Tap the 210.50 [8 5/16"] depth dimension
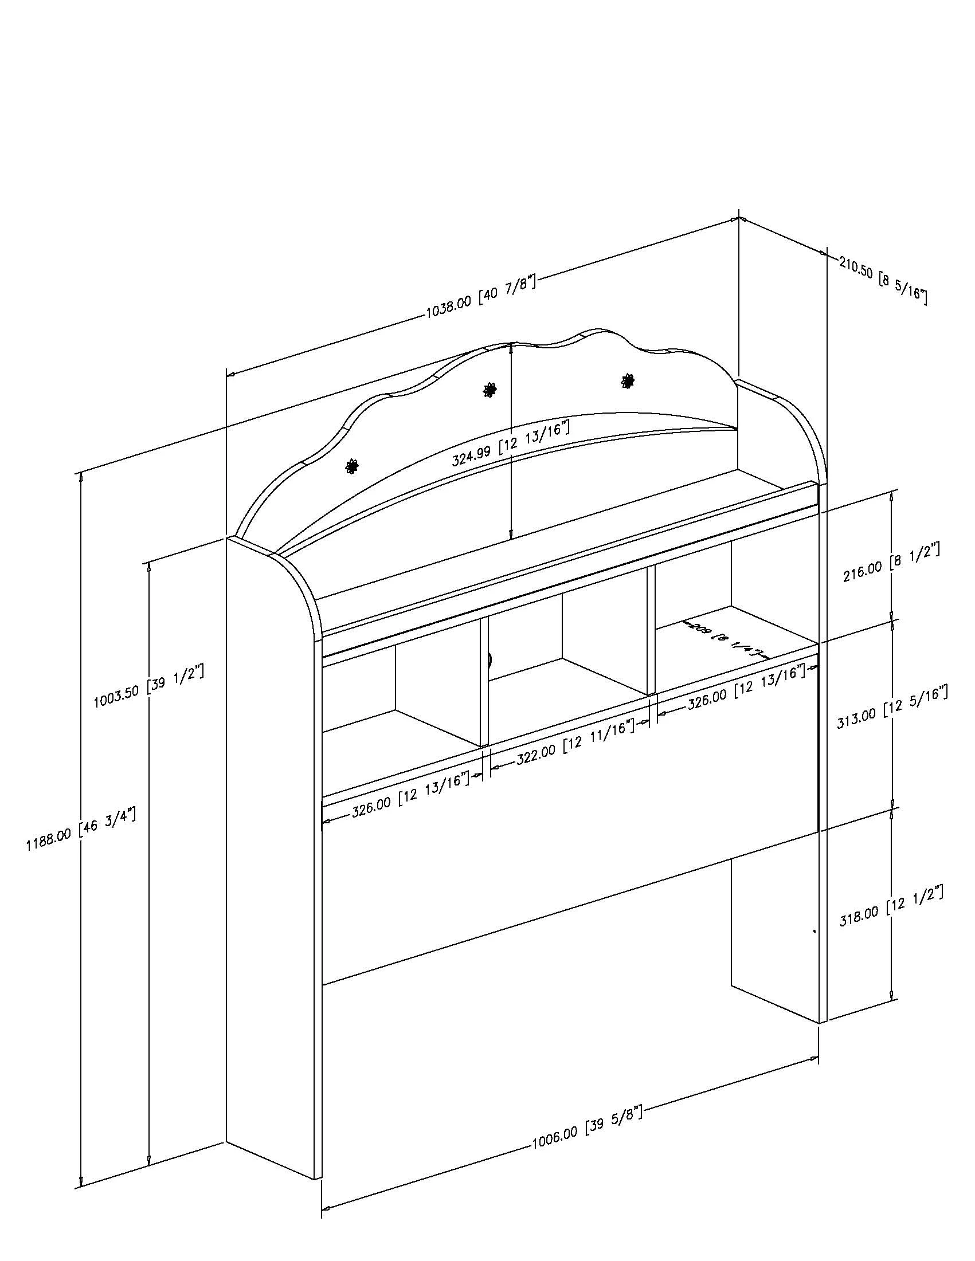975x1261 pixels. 883,281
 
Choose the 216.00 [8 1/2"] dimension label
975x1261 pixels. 891,561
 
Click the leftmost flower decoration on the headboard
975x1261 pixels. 351,466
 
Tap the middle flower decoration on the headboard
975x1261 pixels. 490,390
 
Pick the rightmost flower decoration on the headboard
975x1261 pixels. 628,380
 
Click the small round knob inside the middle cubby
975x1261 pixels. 490,659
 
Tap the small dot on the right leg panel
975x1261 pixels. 815,931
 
